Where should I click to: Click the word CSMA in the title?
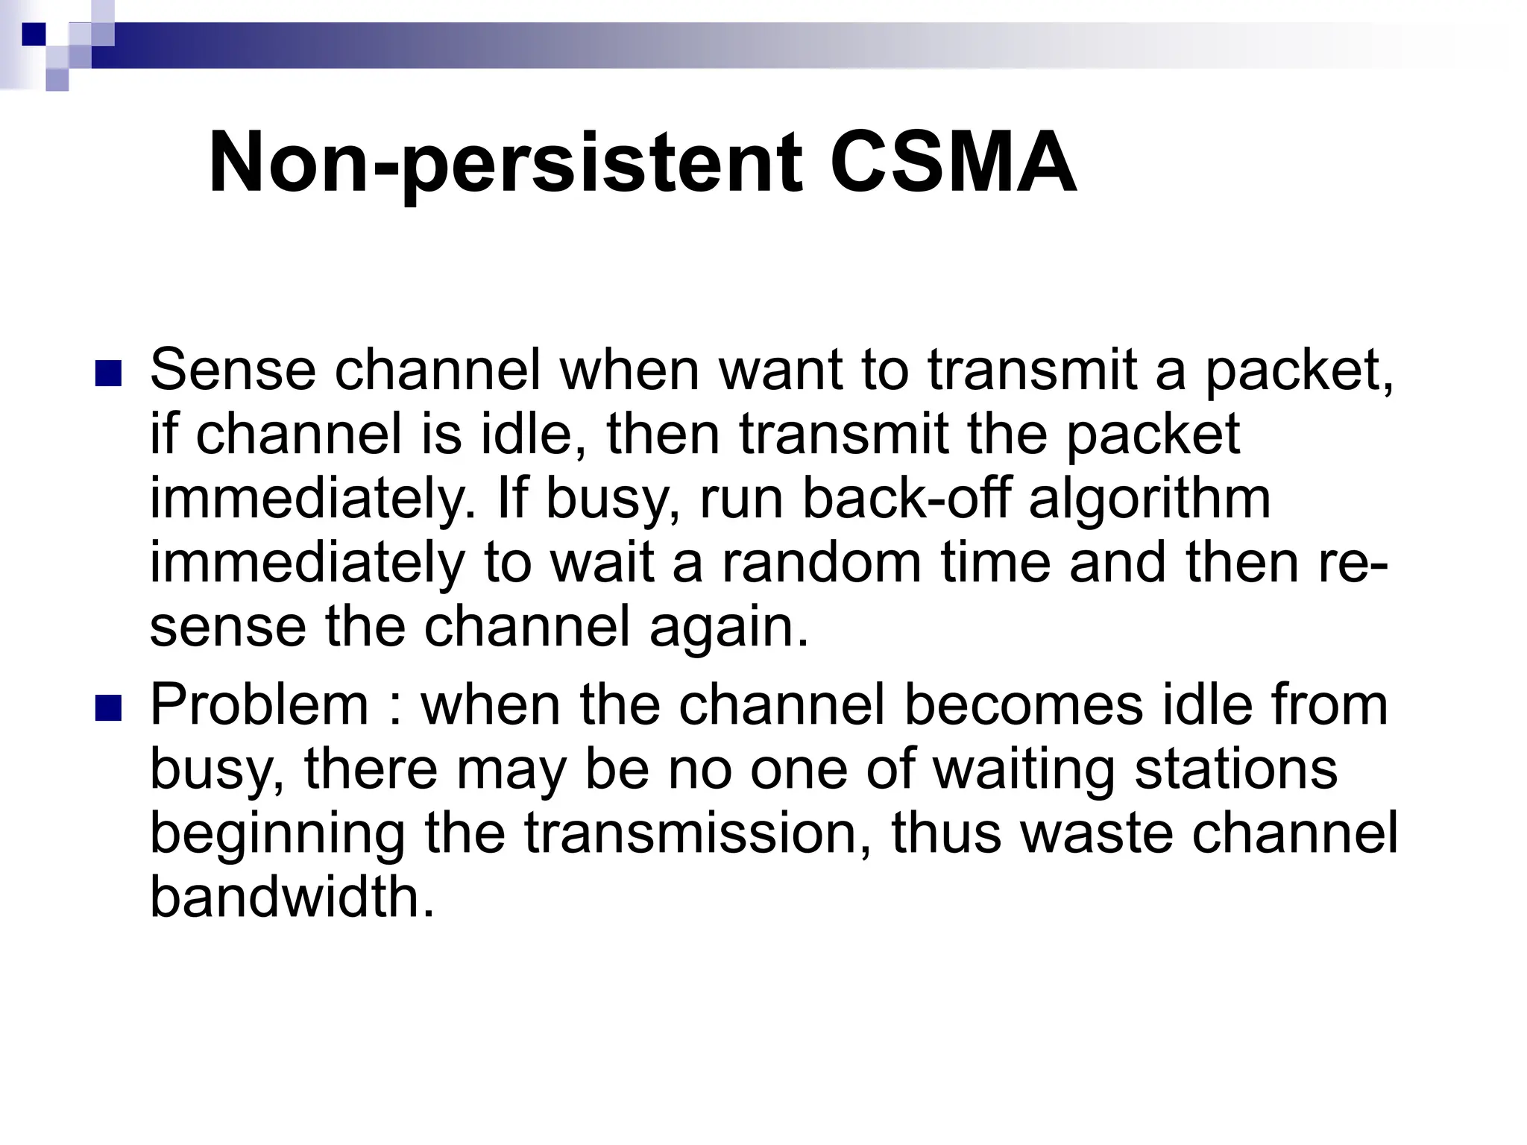(952, 163)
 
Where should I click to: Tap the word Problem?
(259, 704)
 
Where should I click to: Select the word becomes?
(1024, 704)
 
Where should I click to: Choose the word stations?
(1235, 769)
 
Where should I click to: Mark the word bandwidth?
(292, 897)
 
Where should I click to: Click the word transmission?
(697, 833)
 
